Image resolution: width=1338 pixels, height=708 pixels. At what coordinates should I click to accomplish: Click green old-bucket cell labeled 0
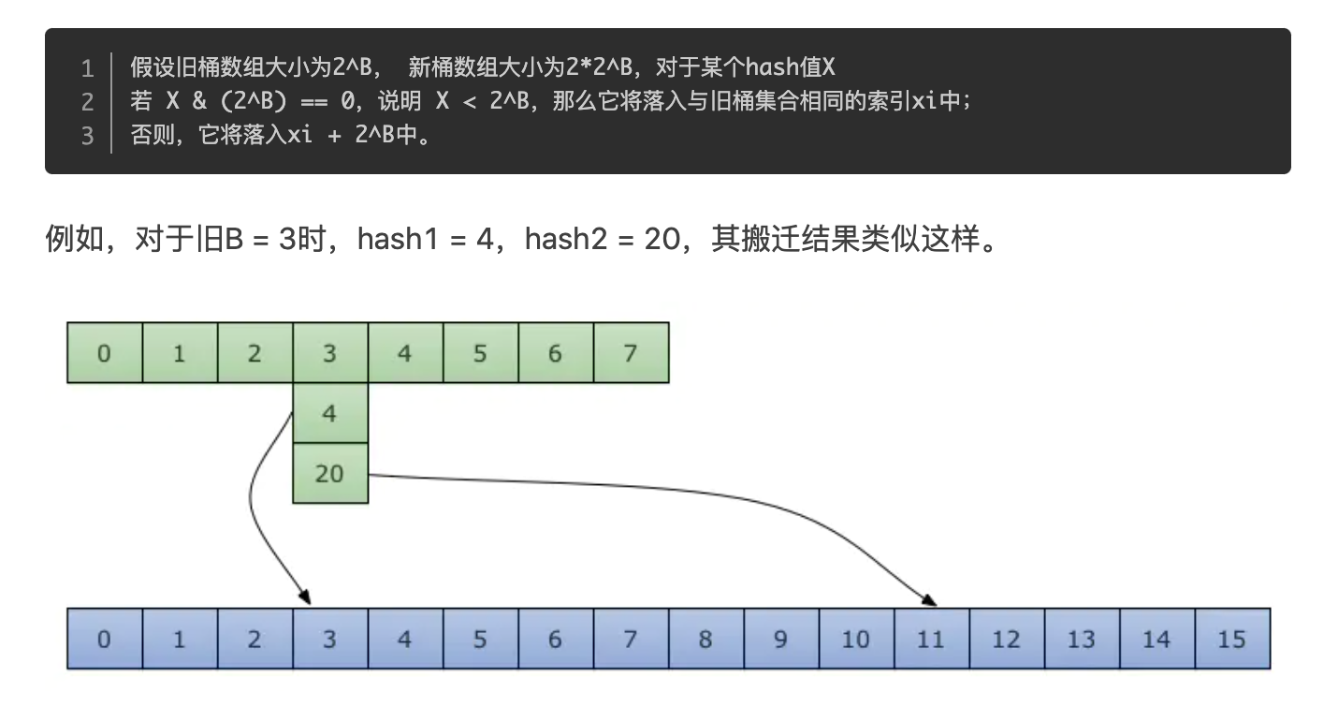(104, 353)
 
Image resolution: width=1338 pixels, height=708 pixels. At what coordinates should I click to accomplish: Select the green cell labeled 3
(329, 353)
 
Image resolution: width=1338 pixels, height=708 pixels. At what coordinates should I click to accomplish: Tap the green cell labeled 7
(630, 353)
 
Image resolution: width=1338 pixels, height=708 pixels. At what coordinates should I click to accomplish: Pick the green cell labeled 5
(480, 353)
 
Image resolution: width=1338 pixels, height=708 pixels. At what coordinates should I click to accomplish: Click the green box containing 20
(329, 473)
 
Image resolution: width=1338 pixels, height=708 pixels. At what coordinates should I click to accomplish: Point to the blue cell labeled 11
(930, 639)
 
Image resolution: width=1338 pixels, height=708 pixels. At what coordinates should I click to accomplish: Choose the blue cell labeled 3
(329, 639)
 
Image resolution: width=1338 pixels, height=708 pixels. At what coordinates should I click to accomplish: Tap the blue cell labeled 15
(1231, 639)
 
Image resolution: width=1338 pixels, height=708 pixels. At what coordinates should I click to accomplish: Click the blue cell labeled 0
(104, 639)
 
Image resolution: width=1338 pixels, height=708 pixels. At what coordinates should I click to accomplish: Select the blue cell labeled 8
(705, 639)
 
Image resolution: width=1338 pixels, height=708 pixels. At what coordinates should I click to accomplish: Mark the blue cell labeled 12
(1006, 639)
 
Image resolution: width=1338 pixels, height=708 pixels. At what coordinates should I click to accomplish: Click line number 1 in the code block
(87, 67)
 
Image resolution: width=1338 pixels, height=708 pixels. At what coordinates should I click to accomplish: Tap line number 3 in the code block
(87, 135)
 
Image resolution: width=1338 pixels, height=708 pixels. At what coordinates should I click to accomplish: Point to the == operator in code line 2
(314, 101)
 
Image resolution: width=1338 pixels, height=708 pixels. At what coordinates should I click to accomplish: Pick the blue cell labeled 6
(555, 639)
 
